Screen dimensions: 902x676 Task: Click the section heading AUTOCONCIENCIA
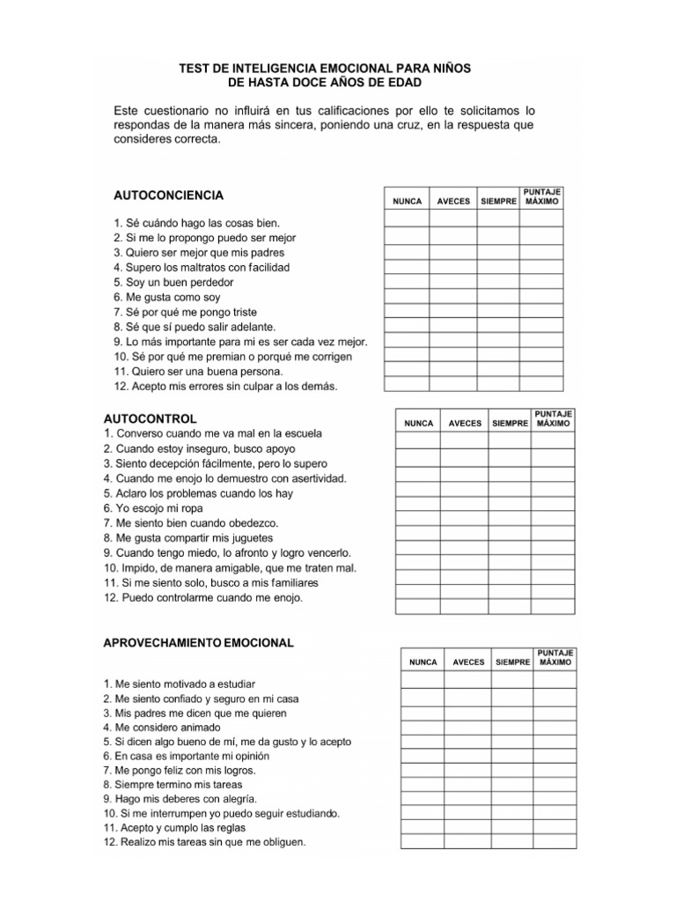point(169,195)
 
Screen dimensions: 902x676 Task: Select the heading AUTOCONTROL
point(151,418)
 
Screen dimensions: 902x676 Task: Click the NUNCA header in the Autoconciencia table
point(407,201)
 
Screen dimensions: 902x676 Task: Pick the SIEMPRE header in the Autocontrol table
point(511,423)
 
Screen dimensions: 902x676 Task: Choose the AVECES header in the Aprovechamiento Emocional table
point(468,662)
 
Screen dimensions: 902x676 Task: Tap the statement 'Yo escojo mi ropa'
point(153,508)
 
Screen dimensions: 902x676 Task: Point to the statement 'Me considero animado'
point(162,728)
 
